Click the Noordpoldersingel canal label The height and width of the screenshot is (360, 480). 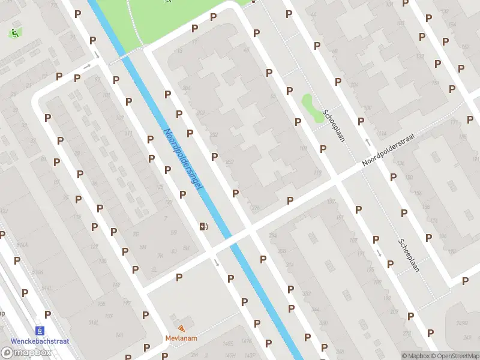pyautogui.click(x=183, y=160)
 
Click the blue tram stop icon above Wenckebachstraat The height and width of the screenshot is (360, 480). pyautogui.click(x=41, y=331)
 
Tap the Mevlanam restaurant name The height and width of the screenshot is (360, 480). pyautogui.click(x=181, y=338)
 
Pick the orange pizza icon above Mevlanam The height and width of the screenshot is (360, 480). pyautogui.click(x=182, y=328)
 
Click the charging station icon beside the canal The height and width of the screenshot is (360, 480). pyautogui.click(x=203, y=226)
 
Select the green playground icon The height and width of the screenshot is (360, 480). pyautogui.click(x=13, y=33)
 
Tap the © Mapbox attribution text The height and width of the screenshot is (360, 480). pyautogui.click(x=416, y=356)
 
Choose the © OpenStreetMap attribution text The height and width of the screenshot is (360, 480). pyautogui.click(x=455, y=356)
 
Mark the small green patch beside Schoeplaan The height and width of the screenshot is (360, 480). pyautogui.click(x=311, y=106)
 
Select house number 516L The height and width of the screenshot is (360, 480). pyautogui.click(x=94, y=323)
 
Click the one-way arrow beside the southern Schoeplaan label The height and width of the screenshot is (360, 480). pyautogui.click(x=379, y=253)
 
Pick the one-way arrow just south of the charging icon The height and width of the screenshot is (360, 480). pyautogui.click(x=217, y=262)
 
